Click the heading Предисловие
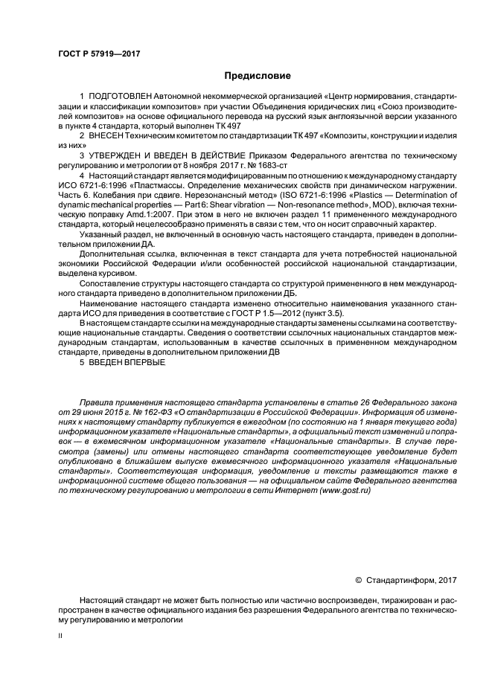(x=246, y=76)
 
